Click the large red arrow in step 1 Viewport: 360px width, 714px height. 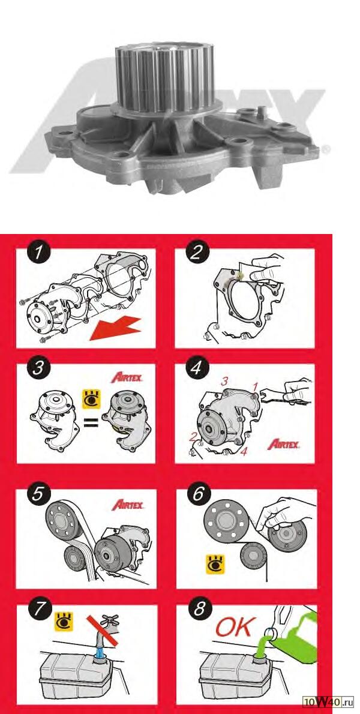click(x=116, y=327)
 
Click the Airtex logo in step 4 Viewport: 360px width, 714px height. click(x=284, y=444)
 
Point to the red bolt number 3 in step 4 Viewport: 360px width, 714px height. click(x=224, y=382)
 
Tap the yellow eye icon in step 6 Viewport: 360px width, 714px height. click(x=215, y=564)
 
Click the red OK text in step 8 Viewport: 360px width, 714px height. click(x=233, y=628)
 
